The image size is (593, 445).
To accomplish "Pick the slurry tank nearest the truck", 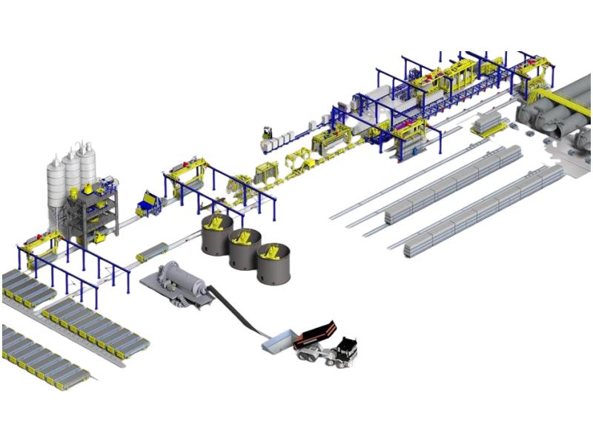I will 274,263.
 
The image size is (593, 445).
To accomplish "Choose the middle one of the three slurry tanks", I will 245,250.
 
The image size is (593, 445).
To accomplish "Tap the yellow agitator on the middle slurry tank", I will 245,237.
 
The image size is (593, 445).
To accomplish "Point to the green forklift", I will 267,133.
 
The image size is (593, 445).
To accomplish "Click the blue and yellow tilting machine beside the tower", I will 148,204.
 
